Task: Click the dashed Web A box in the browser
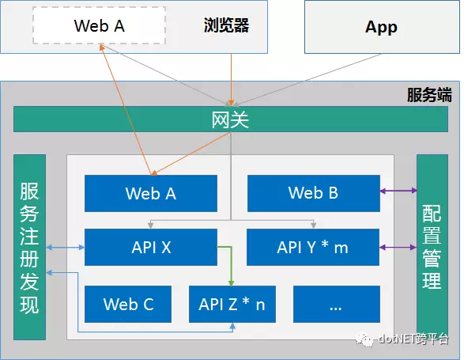[99, 25]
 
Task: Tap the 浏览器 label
[226, 25]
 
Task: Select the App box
[382, 27]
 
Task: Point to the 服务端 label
[429, 95]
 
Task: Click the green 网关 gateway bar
[231, 119]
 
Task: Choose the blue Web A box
[151, 194]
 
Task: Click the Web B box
[314, 193]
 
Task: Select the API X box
[151, 247]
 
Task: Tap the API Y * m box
[313, 247]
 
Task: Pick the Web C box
[128, 305]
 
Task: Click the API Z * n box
[232, 305]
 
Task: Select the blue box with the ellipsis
[337, 305]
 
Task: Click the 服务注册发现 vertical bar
[29, 247]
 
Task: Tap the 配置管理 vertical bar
[432, 247]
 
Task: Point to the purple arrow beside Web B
[398, 191]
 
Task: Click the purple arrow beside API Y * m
[398, 247]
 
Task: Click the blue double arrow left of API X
[66, 247]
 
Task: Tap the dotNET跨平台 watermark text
[413, 339]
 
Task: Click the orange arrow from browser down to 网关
[231, 80]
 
